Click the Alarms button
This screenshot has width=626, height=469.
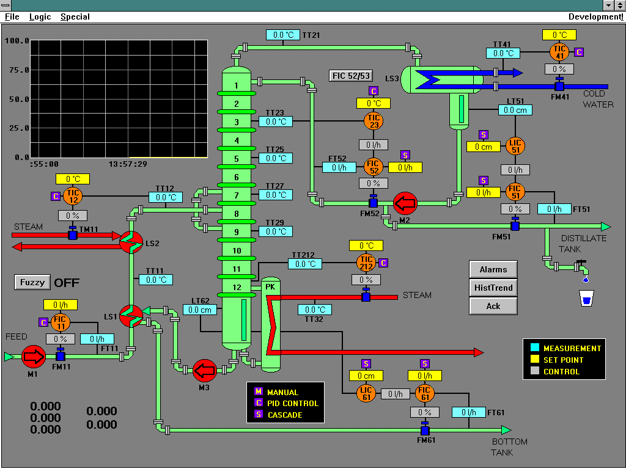[x=493, y=269]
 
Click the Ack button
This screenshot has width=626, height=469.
[x=493, y=306]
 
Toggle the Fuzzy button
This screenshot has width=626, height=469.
[x=32, y=282]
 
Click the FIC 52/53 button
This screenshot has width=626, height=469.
[x=350, y=76]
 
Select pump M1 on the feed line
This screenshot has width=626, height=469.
[x=33, y=356]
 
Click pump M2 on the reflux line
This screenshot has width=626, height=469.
[x=404, y=202]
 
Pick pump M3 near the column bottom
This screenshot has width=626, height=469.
[x=204, y=369]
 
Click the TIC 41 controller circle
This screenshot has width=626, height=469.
[x=559, y=52]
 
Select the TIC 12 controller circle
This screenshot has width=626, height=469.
[x=73, y=197]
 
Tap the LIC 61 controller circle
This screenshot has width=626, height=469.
[x=367, y=394]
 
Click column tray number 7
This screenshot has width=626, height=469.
[x=237, y=195]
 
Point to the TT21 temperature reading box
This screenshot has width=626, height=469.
[x=283, y=35]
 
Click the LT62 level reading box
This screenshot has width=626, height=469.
[x=200, y=310]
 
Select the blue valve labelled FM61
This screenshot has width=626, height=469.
[x=425, y=430]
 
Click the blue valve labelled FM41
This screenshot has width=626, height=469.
[x=559, y=86]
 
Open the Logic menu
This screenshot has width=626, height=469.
[x=40, y=16]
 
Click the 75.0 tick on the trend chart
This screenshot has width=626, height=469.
[x=17, y=70]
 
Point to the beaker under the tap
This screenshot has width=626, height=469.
[x=586, y=299]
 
